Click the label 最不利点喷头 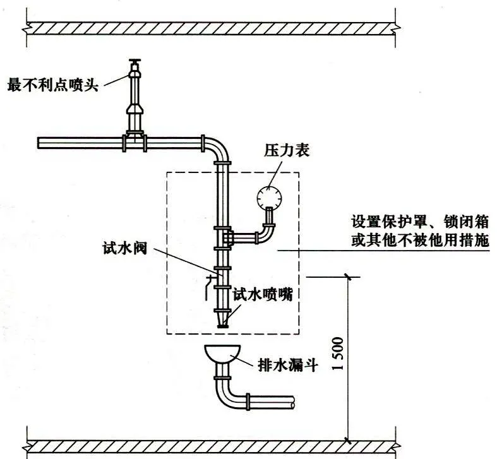(52, 85)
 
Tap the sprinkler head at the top (135, 66)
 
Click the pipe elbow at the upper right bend (216, 147)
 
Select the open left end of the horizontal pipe (40, 143)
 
